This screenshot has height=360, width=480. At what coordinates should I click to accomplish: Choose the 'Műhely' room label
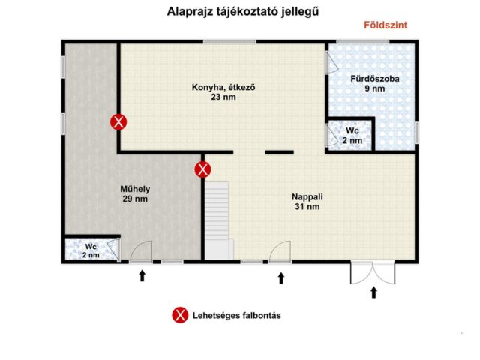click(x=135, y=189)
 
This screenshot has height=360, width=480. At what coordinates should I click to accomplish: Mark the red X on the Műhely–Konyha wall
click(x=118, y=121)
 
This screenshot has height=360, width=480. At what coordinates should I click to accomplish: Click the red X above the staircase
click(x=202, y=169)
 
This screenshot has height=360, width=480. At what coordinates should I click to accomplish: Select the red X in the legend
click(x=180, y=315)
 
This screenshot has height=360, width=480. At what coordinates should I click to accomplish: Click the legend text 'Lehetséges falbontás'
click(x=236, y=315)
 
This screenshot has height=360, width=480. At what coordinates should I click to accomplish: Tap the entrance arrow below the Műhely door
click(x=142, y=277)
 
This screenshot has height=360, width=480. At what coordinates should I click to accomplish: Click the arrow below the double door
click(x=373, y=292)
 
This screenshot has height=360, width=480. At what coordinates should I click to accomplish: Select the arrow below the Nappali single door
click(x=281, y=278)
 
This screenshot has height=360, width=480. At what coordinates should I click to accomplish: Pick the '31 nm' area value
click(x=307, y=207)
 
